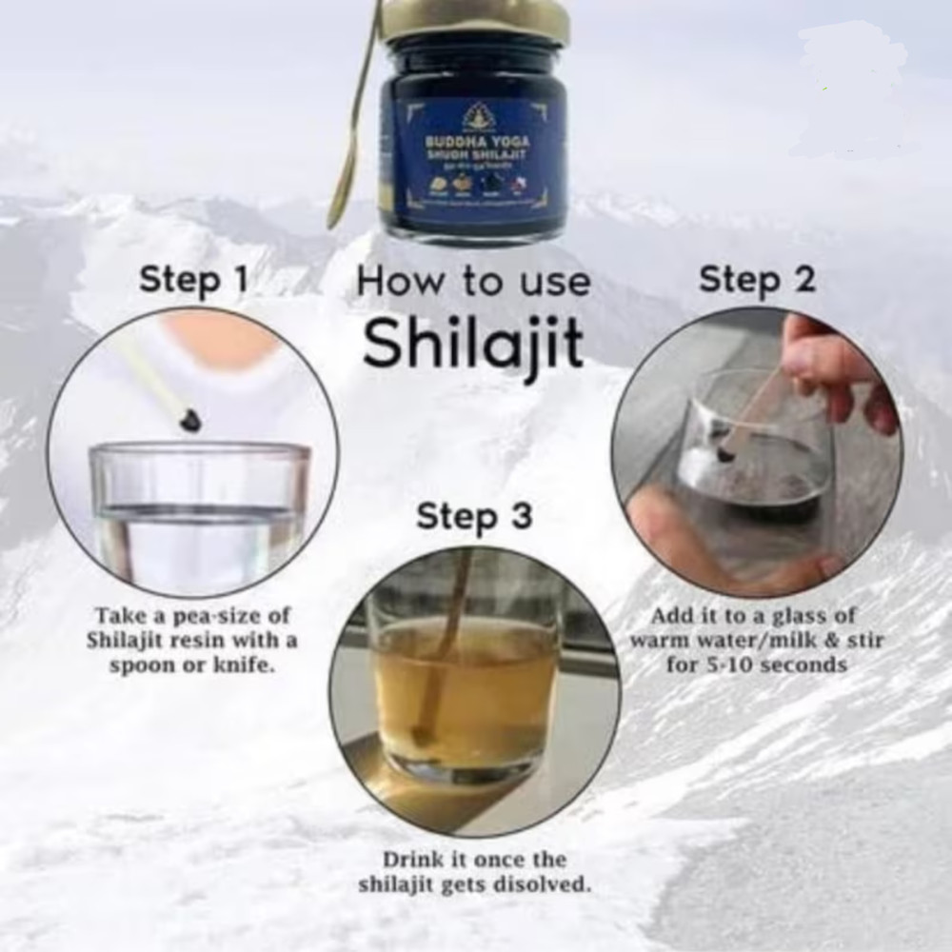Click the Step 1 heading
[193, 280]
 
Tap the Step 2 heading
[757, 280]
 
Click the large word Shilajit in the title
[473, 345]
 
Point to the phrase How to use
[473, 282]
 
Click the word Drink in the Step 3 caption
[413, 860]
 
